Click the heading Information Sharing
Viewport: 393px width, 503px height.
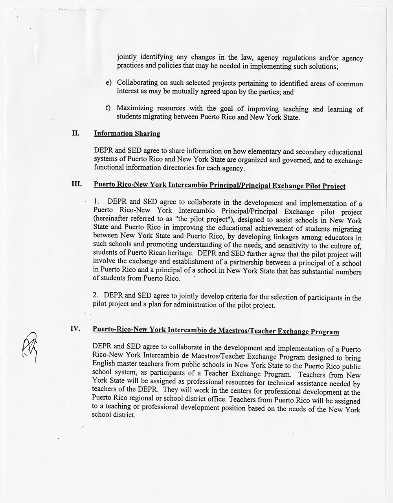point(127,134)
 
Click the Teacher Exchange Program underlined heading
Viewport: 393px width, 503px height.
point(215,331)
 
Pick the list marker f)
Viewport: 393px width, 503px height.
point(108,108)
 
